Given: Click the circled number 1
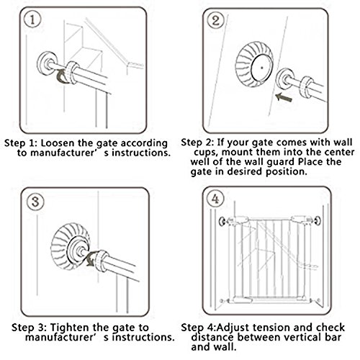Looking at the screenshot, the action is tap(32, 19).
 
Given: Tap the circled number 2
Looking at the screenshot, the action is tap(215, 21).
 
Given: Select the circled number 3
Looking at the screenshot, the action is tap(35, 201).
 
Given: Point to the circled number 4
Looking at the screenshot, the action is tap(215, 199).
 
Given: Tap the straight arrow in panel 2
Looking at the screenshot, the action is tap(284, 97).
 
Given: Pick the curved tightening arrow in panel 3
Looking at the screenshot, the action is tap(91, 258).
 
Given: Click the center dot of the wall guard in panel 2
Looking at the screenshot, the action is tap(262, 68).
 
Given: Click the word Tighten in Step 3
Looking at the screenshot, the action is tap(70, 328).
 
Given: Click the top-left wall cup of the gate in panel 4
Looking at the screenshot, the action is tap(222, 221).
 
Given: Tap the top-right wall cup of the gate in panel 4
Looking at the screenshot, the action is tap(318, 220).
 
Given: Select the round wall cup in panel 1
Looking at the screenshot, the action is tap(47, 64).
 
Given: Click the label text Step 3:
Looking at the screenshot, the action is tap(30, 328).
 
